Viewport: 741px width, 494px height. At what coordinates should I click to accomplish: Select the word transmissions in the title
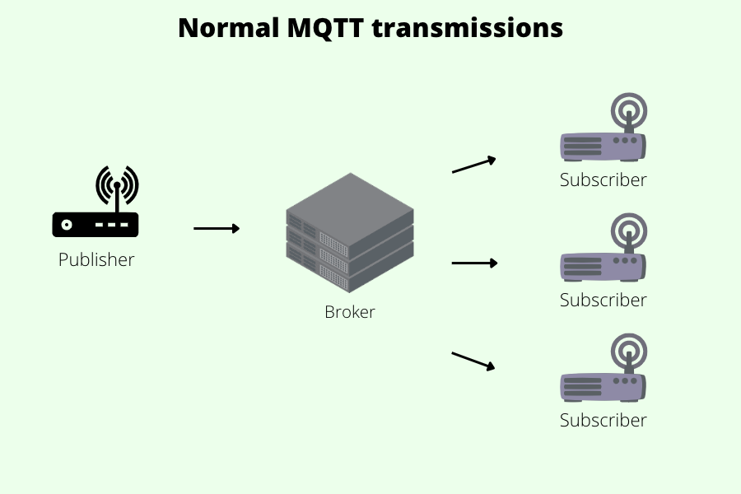tap(468, 28)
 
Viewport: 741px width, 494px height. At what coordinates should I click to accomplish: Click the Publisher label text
tap(96, 260)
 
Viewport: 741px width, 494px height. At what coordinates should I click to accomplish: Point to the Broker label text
tap(350, 312)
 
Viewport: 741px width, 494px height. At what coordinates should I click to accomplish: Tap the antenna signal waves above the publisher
tap(117, 183)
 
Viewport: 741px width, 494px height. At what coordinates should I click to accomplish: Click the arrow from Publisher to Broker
tap(217, 228)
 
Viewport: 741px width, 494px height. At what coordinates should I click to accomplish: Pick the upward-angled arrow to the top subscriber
tap(474, 165)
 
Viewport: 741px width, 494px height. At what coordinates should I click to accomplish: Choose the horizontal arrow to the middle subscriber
tap(475, 263)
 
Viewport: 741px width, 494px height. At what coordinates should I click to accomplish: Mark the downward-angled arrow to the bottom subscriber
tap(474, 361)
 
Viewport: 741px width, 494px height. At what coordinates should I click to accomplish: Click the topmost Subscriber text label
tap(604, 179)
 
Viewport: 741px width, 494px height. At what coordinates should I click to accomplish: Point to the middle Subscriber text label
tap(604, 300)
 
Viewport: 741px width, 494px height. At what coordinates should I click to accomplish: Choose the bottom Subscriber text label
tap(604, 420)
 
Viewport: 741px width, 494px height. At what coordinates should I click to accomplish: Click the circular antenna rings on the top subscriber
tap(629, 110)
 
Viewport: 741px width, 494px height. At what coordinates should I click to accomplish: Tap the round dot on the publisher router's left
tap(66, 224)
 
